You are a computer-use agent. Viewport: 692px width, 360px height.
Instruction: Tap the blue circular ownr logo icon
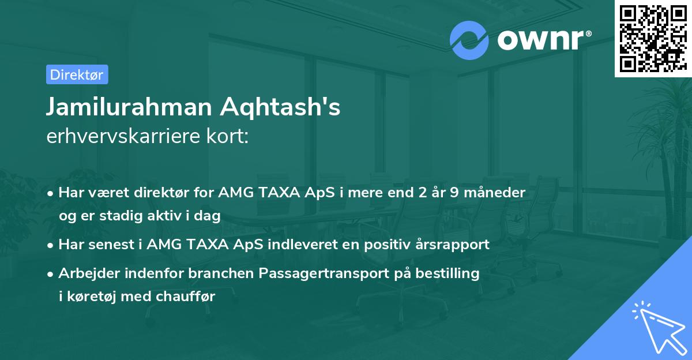(x=469, y=40)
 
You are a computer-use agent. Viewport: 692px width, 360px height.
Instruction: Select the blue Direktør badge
(x=77, y=74)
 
